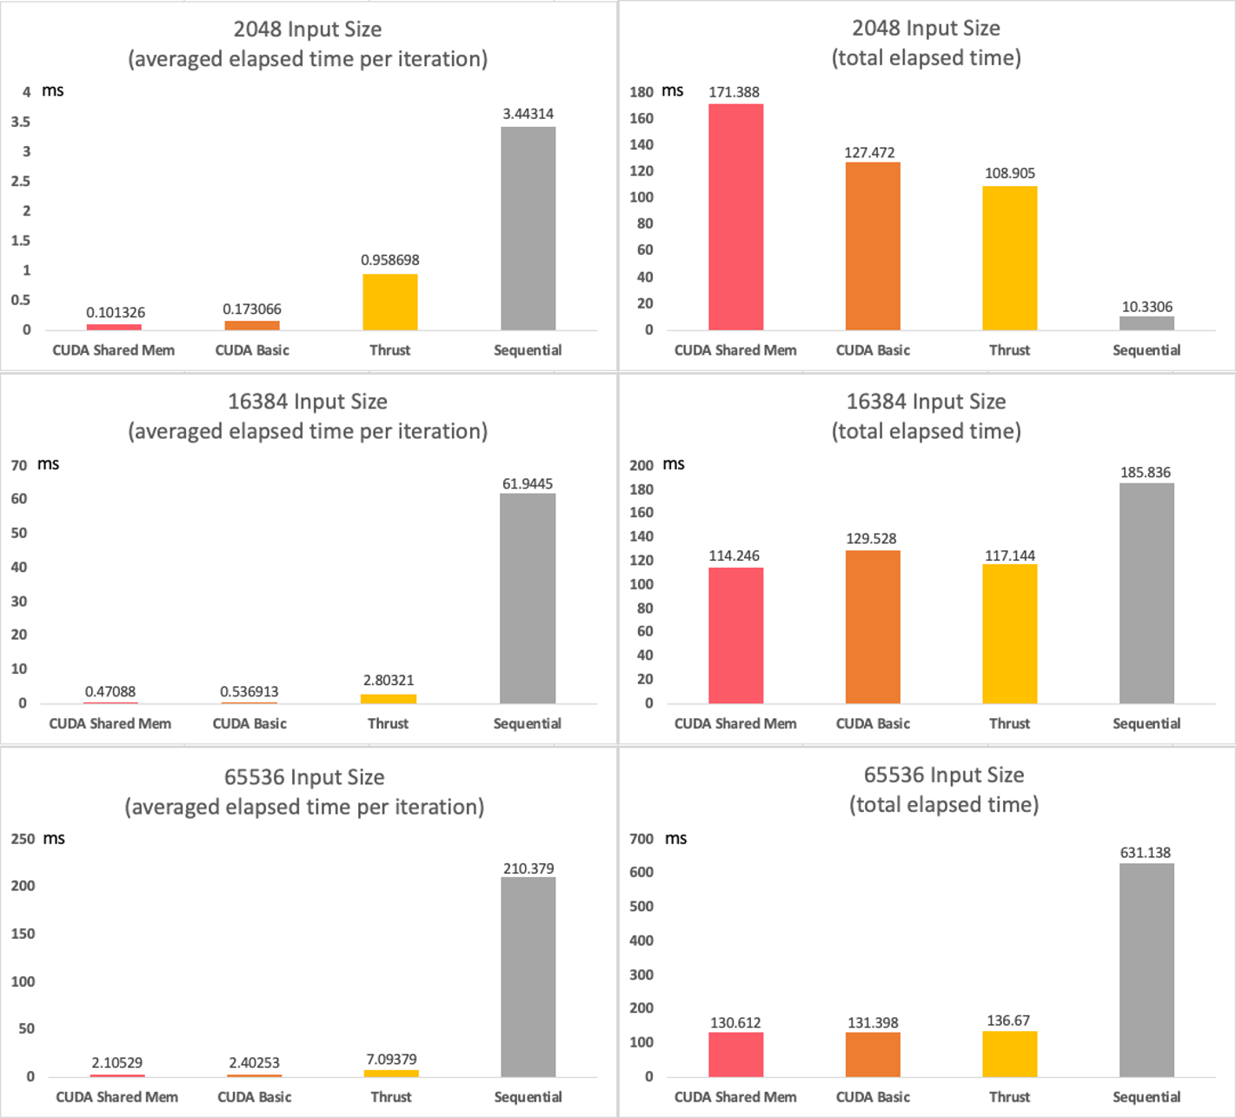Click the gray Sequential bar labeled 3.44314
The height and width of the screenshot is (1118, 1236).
(x=528, y=228)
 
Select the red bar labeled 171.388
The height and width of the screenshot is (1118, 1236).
(x=735, y=216)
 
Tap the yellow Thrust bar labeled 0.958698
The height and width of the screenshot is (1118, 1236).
(x=389, y=302)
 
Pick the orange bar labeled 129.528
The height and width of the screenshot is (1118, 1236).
(x=873, y=626)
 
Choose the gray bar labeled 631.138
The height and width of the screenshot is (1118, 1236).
(x=1146, y=969)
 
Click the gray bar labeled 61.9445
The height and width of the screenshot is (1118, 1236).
(x=528, y=598)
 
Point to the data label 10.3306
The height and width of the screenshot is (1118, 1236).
(x=1146, y=307)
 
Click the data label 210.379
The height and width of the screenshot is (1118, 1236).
(x=528, y=868)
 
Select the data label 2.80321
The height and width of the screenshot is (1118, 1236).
(x=389, y=680)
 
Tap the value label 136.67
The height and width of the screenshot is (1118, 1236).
(x=1008, y=1021)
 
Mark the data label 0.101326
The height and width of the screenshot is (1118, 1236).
(x=116, y=312)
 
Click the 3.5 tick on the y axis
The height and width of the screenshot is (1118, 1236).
(x=21, y=122)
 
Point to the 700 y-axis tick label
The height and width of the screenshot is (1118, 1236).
(x=641, y=839)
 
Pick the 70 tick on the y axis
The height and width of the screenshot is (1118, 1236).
(x=19, y=465)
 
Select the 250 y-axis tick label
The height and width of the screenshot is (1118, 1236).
(x=23, y=839)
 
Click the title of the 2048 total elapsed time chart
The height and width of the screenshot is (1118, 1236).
(x=926, y=43)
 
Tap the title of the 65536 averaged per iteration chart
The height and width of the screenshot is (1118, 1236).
(x=304, y=792)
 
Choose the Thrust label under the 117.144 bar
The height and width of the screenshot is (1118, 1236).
(x=1009, y=723)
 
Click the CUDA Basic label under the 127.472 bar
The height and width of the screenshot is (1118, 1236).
(x=873, y=350)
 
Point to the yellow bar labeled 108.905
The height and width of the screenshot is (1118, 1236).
(x=1009, y=258)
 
